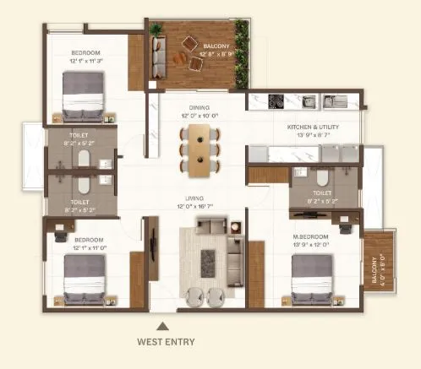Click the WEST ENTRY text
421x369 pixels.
[x=166, y=342]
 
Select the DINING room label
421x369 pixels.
[x=199, y=107]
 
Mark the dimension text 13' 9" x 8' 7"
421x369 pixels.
[x=313, y=134]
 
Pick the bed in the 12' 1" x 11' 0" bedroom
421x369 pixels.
[x=85, y=279]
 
